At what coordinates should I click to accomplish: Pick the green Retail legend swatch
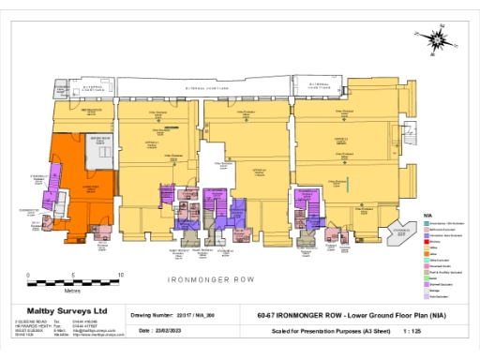pyautogui.click(x=426, y=278)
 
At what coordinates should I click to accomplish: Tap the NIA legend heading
pyautogui.click(x=428, y=216)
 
